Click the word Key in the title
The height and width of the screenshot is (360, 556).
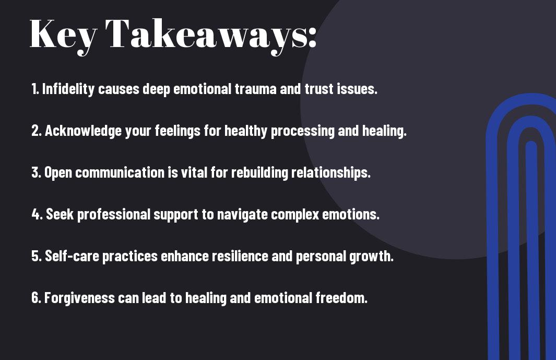point(63,36)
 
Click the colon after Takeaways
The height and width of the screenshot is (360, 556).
point(312,37)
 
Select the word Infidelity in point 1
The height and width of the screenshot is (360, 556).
point(68,89)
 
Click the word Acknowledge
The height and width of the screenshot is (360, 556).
point(84,131)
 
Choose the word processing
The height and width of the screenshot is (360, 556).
point(302,131)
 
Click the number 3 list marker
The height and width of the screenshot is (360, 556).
point(36,172)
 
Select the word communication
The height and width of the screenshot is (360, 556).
point(120,172)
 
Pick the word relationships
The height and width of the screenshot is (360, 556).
point(330,173)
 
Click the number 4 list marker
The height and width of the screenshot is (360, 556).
point(37,214)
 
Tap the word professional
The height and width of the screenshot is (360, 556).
point(114,214)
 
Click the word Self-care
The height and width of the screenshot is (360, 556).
point(72,256)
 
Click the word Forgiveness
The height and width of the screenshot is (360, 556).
point(79,298)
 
